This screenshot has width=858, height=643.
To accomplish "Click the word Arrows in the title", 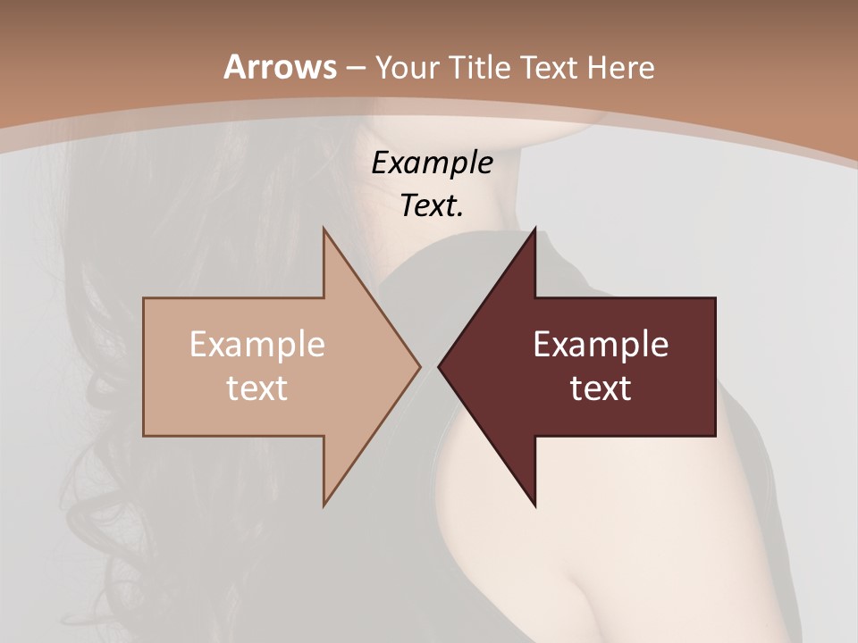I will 280,67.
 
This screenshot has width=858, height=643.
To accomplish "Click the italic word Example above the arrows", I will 432,163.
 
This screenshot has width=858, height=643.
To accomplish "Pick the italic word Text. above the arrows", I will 432,205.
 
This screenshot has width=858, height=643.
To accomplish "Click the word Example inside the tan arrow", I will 257,345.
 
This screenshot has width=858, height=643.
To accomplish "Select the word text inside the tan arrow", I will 257,388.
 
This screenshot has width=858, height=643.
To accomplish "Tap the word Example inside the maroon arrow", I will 601,345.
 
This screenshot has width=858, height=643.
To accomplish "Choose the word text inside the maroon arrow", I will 601,388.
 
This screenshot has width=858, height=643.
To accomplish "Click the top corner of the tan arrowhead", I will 324,229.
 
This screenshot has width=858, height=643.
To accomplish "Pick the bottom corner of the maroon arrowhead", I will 535,505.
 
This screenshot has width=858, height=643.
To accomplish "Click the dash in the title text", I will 355,69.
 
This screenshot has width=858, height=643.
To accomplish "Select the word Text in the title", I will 550,67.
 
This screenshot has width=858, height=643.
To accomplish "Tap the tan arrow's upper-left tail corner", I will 144,298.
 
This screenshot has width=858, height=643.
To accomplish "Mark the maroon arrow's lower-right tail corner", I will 715,436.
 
